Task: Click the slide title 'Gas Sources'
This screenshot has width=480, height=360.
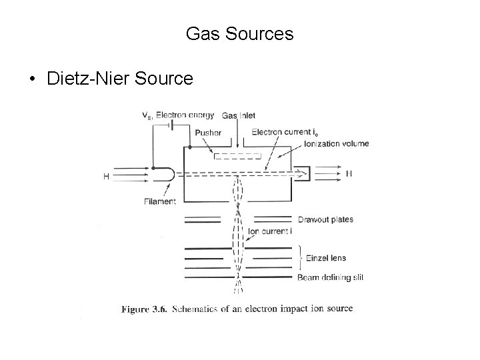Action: [239, 33]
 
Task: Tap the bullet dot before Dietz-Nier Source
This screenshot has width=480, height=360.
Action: [32, 80]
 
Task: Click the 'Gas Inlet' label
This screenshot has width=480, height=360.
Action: [238, 115]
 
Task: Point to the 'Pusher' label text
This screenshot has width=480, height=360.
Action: [208, 132]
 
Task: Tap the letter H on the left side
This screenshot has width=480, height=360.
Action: [105, 176]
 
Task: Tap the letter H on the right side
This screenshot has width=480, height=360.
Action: [349, 174]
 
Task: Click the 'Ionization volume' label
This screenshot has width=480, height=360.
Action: [336, 143]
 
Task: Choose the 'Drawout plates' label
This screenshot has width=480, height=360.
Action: [325, 219]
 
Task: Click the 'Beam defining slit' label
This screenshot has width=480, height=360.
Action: [331, 277]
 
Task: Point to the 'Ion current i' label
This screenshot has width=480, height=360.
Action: [269, 231]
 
